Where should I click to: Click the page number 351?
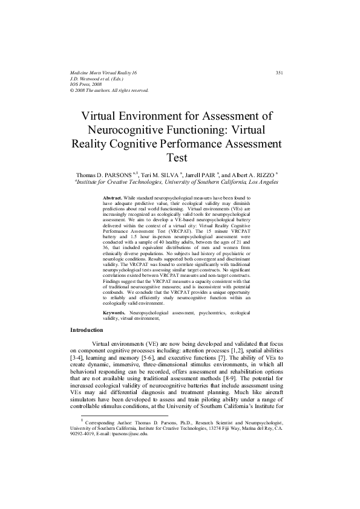[x=280, y=73]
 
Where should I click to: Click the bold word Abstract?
[x=113, y=198]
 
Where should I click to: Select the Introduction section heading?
[x=87, y=330]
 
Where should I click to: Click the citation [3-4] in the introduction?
[x=78, y=357]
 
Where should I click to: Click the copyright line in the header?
[x=109, y=91]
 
